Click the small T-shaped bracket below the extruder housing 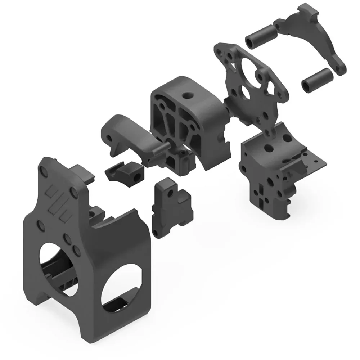click(x=172, y=209)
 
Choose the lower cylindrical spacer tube click(x=317, y=80)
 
